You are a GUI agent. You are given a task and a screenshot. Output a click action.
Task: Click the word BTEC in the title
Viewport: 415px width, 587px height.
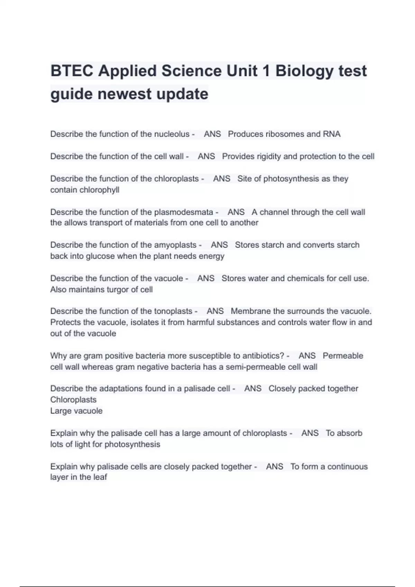coord(72,71)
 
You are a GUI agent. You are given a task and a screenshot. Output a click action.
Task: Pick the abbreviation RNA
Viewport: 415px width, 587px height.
coord(332,134)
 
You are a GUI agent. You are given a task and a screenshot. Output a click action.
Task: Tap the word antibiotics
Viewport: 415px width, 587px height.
coord(263,356)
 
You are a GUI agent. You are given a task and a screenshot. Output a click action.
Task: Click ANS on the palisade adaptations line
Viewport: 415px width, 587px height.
coord(253,388)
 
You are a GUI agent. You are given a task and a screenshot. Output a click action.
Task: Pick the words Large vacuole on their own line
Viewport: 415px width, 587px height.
coord(76,411)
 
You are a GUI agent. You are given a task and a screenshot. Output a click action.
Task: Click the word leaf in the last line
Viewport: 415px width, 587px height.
coord(100,477)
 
